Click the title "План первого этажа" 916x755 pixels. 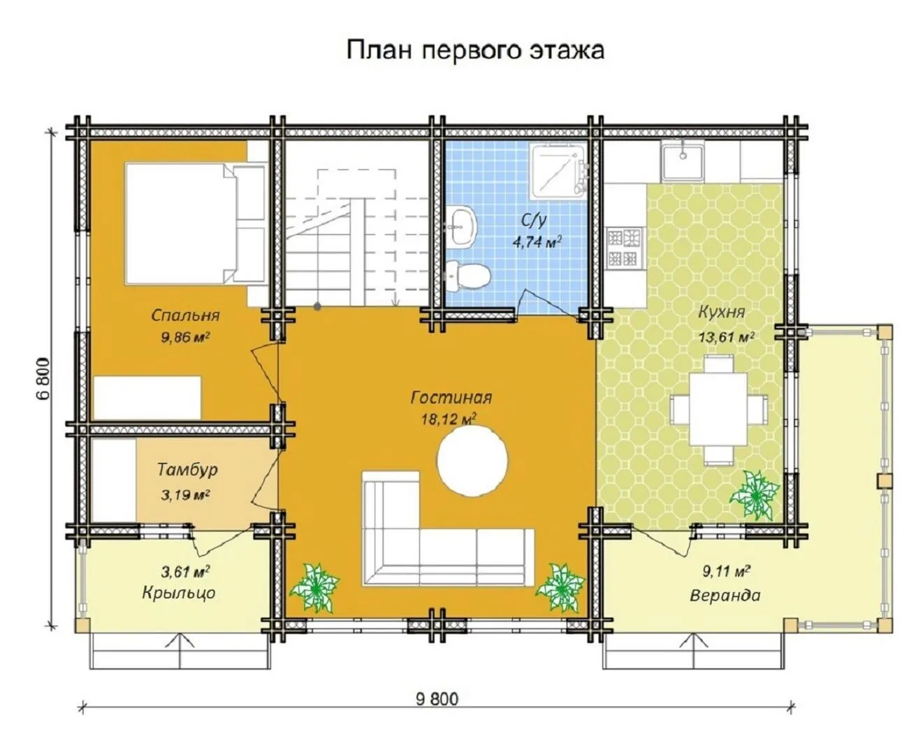pos(475,50)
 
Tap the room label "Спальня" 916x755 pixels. pos(185,315)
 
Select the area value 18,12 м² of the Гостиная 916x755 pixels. pos(449,419)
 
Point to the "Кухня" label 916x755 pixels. pos(721,312)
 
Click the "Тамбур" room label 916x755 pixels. pos(187,470)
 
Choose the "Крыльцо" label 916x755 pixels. pos(179,593)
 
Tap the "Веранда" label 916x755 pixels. pos(725,595)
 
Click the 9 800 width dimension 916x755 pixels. pos(437,699)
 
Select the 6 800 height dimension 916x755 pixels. pos(43,378)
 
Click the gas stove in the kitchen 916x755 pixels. pos(624,248)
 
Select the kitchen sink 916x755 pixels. pos(683,161)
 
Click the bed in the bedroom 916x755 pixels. pos(196,224)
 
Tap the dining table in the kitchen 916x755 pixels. pos(718,410)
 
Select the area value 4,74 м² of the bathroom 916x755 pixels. pos(537,241)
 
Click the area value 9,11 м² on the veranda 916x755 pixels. pos(726,571)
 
